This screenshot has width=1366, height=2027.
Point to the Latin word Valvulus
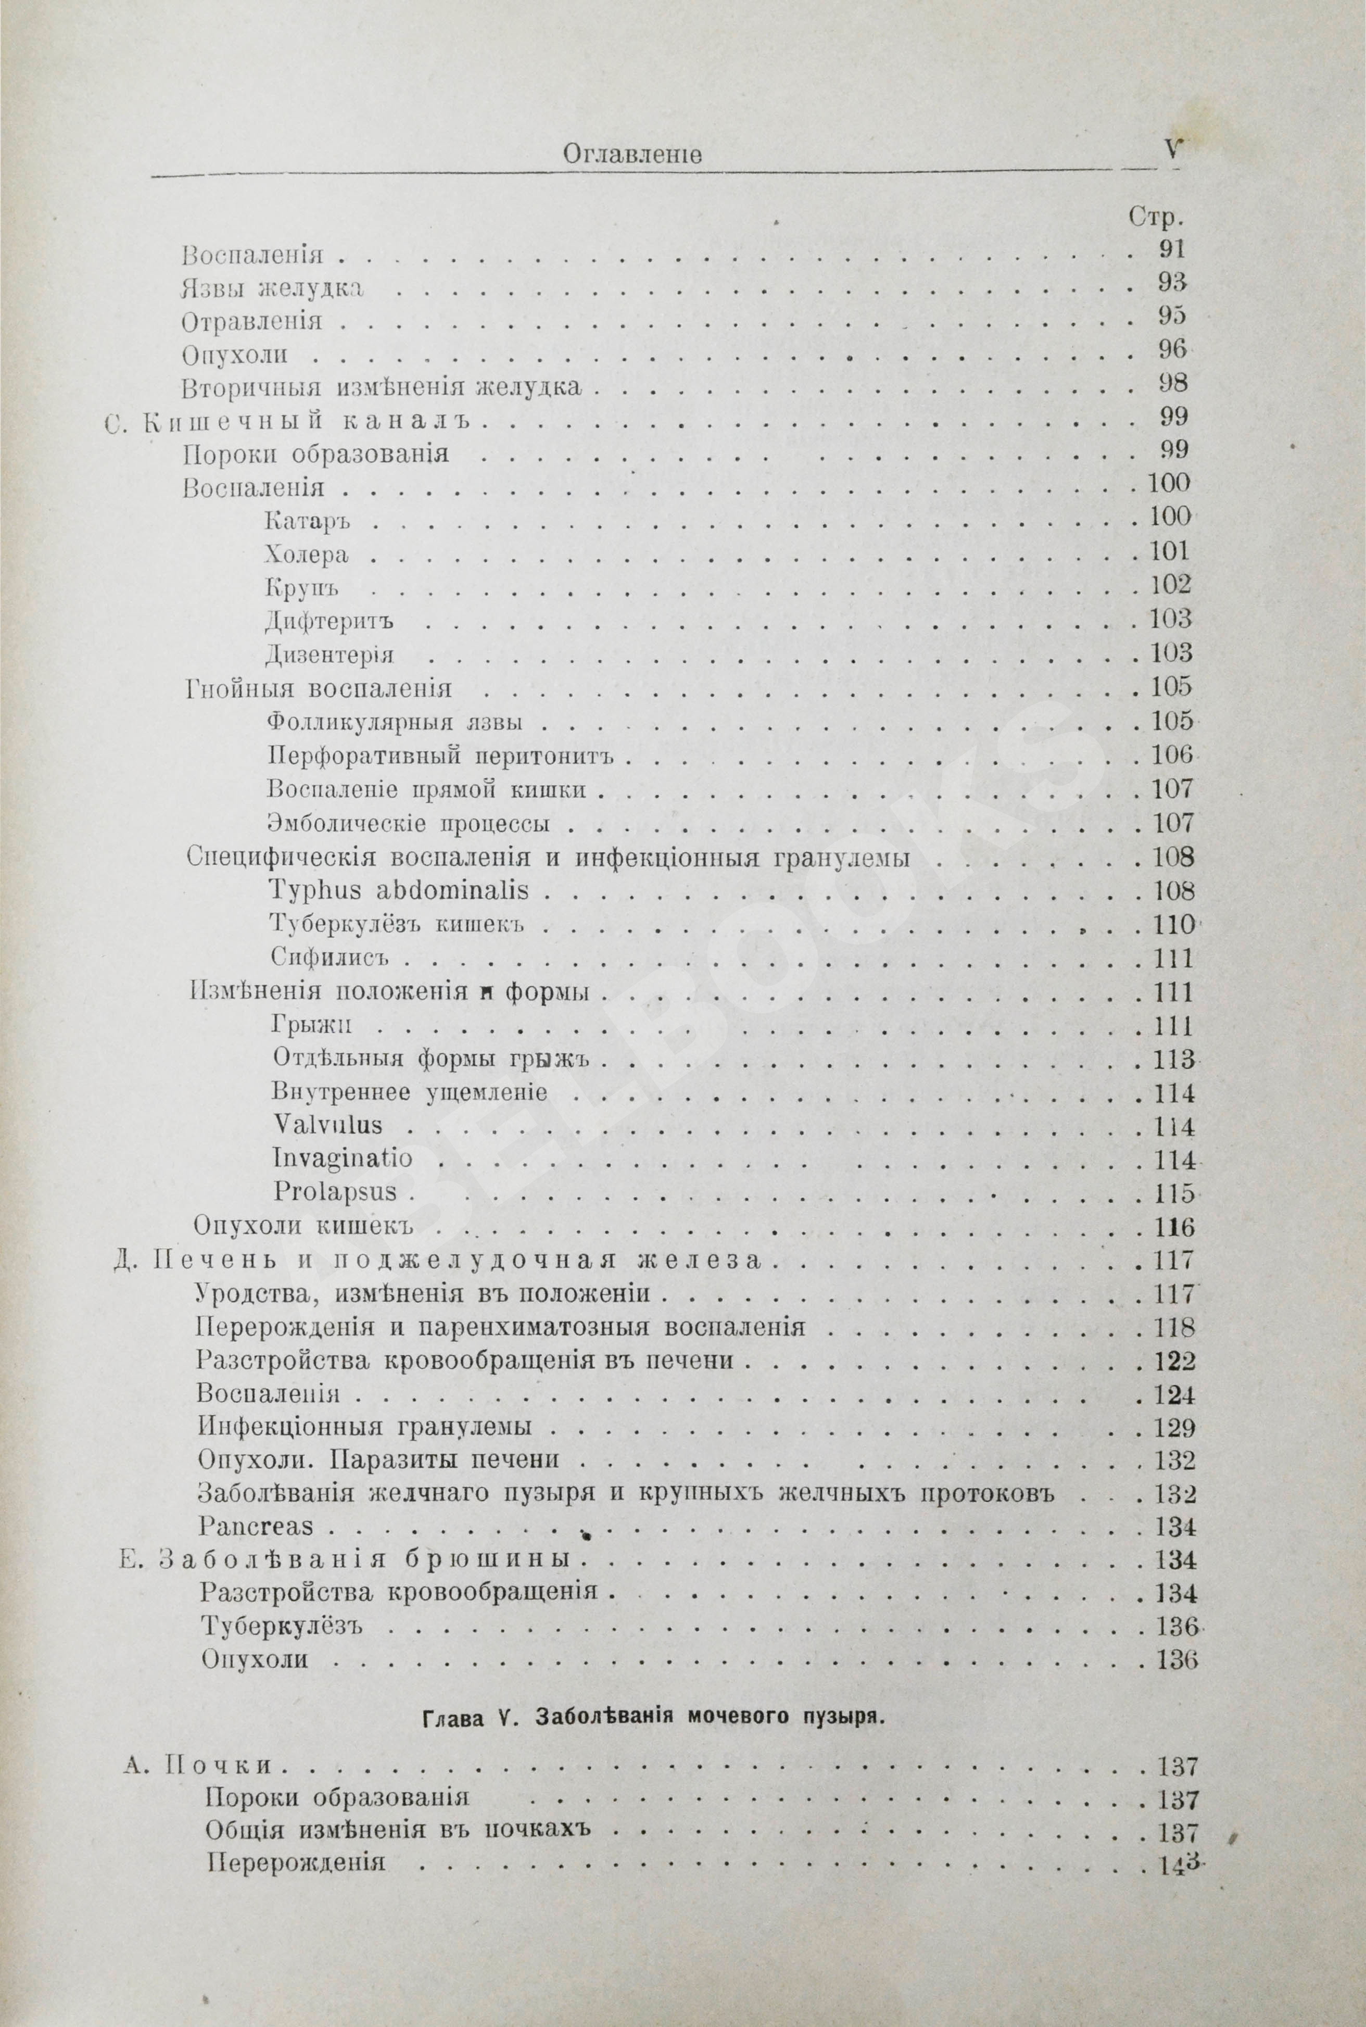tap(327, 1125)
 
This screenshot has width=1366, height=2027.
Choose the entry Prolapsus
tap(335, 1192)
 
